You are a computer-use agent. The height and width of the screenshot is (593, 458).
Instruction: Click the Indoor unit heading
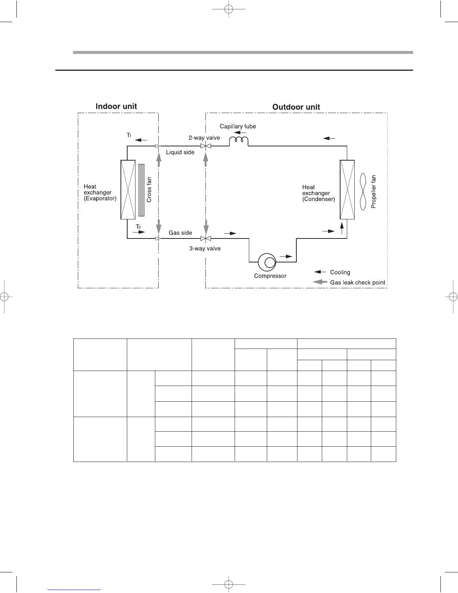[x=116, y=106]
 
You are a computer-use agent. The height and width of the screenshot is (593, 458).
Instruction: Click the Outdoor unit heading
[x=296, y=107]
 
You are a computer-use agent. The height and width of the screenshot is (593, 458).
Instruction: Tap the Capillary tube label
[x=238, y=127]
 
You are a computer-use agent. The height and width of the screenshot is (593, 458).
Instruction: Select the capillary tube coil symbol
[x=239, y=141]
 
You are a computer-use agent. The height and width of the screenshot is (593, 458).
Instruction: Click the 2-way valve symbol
[x=206, y=146]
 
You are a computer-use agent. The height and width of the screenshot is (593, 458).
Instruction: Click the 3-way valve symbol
[x=206, y=238]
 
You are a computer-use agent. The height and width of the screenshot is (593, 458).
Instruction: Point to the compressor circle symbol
[x=267, y=262]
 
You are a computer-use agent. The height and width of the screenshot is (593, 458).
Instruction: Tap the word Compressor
[x=270, y=276]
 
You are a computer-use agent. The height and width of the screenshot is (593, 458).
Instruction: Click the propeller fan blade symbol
[x=363, y=191]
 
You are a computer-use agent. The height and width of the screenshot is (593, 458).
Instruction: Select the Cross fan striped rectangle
[x=141, y=190]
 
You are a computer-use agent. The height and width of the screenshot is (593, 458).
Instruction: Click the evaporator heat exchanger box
[x=128, y=189]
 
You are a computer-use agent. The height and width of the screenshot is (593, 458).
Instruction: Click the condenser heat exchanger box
[x=347, y=189]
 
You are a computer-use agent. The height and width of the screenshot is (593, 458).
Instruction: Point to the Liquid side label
[x=180, y=152]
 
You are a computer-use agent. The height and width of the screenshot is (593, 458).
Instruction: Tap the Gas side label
[x=180, y=233]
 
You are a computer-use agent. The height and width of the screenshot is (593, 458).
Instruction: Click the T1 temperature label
[x=129, y=135]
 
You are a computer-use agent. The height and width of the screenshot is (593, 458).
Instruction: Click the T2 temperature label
[x=138, y=226]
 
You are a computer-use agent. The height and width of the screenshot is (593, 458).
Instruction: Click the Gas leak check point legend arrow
[x=320, y=282]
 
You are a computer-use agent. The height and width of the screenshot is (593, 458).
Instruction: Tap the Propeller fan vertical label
[x=373, y=192]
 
